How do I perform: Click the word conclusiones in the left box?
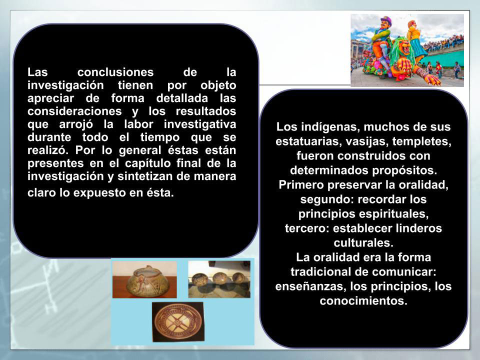coord(115,72)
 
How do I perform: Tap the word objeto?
coord(218,86)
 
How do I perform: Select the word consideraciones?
coord(74,111)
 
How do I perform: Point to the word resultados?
coord(205,111)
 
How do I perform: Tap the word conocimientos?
coord(363,301)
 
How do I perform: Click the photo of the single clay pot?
coord(144,279)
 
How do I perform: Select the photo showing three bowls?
coord(219,279)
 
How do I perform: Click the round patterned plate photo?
coord(178,322)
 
